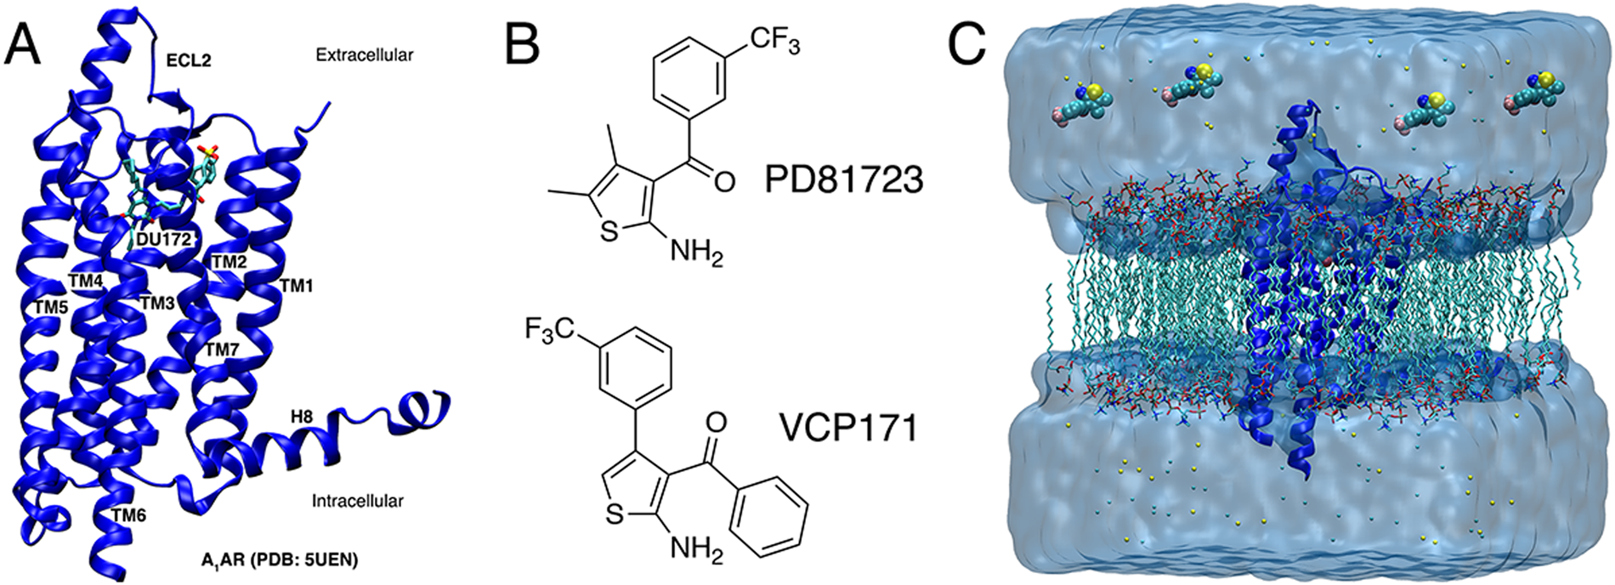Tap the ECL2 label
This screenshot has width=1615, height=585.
coord(188,61)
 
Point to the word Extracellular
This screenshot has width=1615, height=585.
coord(364,55)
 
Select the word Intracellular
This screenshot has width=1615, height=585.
coord(357,501)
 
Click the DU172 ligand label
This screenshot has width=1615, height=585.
coord(163,241)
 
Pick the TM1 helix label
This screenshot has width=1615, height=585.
coord(297,287)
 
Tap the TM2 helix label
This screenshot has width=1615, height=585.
coord(228,262)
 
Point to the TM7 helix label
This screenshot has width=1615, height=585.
coord(223,349)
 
